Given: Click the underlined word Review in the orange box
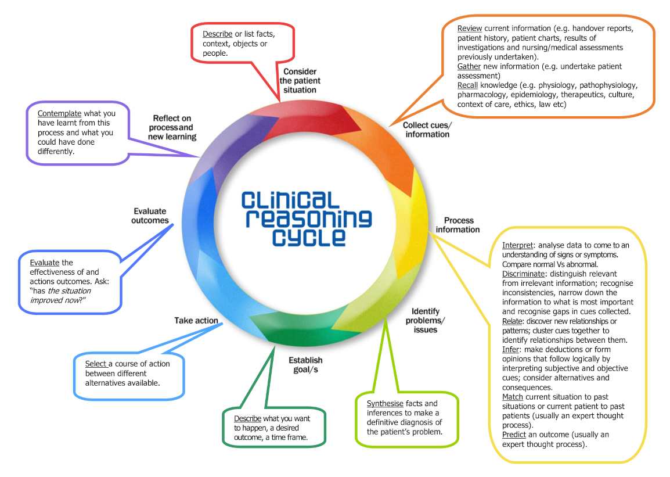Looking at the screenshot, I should tap(470, 28).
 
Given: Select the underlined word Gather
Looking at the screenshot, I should tap(469, 66).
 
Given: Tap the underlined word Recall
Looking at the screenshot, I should tap(468, 85).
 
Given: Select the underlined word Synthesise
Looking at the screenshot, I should tap(386, 404).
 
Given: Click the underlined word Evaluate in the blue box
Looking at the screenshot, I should tap(44, 263).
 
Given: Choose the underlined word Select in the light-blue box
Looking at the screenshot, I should tap(96, 364).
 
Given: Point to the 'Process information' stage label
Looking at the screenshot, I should tap(458, 225).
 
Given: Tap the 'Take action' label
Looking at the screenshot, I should tap(196, 320).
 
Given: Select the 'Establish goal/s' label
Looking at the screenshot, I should tap(305, 365).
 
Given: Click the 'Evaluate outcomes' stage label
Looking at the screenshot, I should tap(150, 216).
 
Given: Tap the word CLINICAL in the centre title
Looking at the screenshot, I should tap(290, 200).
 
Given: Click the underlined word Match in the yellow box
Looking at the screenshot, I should tap(513, 397).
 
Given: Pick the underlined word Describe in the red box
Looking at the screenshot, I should tap(217, 34).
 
